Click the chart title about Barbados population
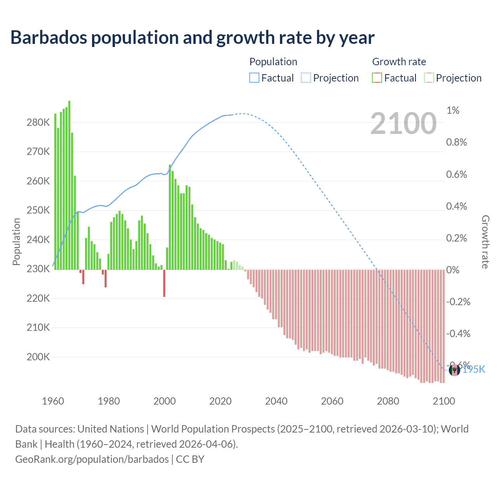192,38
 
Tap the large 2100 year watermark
403,123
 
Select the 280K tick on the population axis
38,123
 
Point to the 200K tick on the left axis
38,357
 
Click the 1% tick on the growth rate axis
453,111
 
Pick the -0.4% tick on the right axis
458,334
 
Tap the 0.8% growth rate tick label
456,142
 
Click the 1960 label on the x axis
53,401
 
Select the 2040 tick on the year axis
276,401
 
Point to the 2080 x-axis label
388,401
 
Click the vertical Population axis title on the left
16,242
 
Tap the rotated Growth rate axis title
485,242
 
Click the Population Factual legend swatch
254,78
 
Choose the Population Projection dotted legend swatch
306,78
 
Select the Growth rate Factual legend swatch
377,78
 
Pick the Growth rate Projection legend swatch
429,78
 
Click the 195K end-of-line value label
474,369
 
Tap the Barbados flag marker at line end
454,370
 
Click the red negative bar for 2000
164,283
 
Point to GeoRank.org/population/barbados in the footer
92,459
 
